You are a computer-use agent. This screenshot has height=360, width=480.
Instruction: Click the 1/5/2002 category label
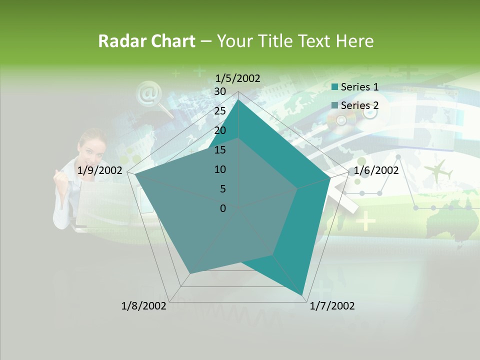click(x=238, y=78)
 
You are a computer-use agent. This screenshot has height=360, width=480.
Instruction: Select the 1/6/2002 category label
click(x=376, y=170)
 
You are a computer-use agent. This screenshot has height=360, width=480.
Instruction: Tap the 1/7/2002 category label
click(x=332, y=305)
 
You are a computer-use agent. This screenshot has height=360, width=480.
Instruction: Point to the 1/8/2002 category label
click(x=144, y=305)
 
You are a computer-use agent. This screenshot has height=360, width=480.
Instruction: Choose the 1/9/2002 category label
click(x=100, y=170)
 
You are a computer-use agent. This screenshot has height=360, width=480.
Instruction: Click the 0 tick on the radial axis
click(x=222, y=208)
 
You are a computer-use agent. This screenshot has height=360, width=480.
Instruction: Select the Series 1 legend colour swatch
click(x=334, y=87)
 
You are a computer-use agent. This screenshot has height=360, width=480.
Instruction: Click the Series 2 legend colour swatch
click(x=334, y=105)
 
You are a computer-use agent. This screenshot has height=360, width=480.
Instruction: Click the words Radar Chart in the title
click(x=146, y=41)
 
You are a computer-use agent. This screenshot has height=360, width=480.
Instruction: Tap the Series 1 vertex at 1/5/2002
click(x=238, y=99)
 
